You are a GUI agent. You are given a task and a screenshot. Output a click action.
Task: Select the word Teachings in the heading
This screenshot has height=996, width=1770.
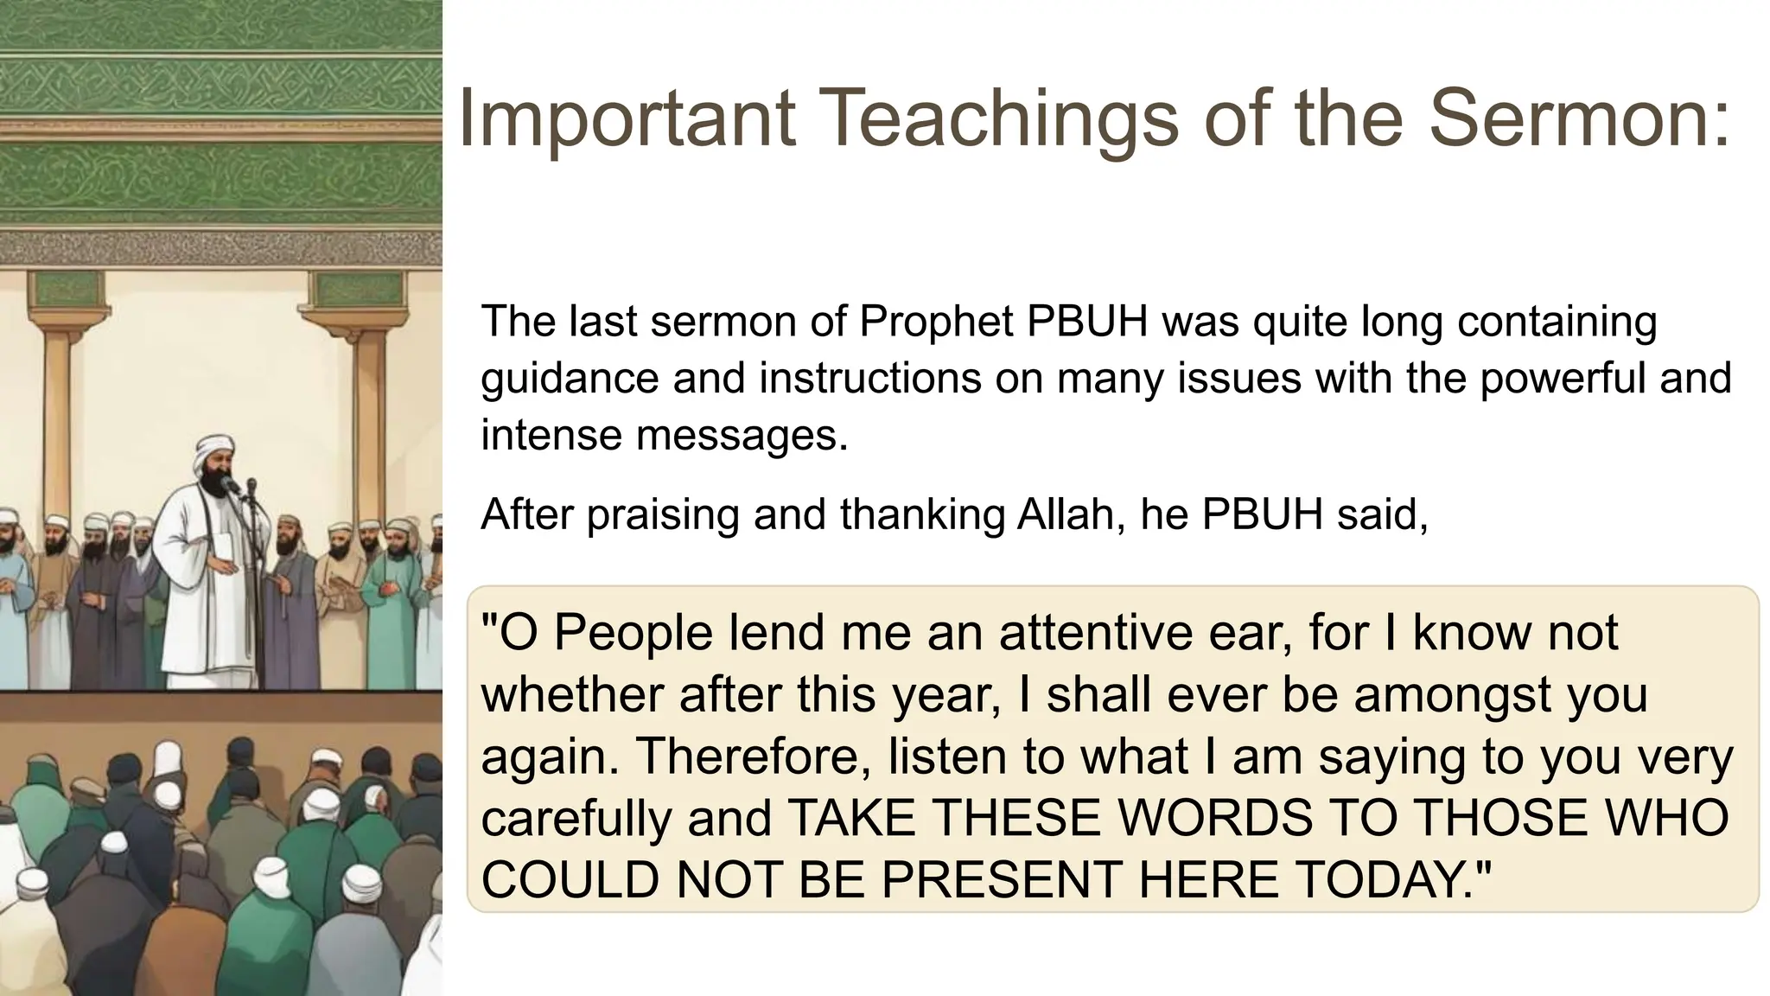click(992, 119)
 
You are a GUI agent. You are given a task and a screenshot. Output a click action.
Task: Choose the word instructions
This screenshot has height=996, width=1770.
click(870, 379)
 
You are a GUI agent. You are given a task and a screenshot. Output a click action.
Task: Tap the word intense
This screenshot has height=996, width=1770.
click(551, 435)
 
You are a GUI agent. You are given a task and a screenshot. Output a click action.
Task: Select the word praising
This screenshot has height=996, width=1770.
click(663, 515)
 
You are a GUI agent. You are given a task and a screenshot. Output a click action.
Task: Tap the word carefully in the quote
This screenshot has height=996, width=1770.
click(576, 819)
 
